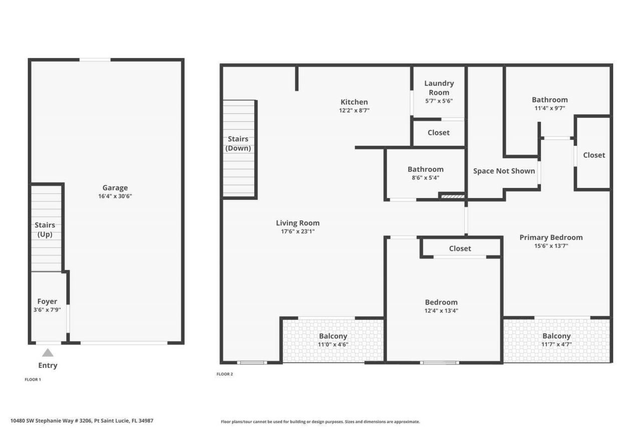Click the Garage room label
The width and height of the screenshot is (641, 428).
pyautogui.click(x=115, y=188)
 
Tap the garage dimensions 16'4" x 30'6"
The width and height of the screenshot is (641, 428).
pyautogui.click(x=115, y=196)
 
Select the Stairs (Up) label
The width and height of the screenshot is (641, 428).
pyautogui.click(x=45, y=230)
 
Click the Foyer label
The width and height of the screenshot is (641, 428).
pyautogui.click(x=47, y=301)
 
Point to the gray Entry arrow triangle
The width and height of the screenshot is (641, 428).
pyautogui.click(x=48, y=353)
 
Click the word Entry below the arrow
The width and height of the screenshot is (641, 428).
pyautogui.click(x=48, y=365)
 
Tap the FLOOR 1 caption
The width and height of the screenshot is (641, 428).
pyautogui.click(x=33, y=379)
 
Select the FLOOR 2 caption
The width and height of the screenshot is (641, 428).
pyautogui.click(x=225, y=374)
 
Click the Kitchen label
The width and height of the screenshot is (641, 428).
pyautogui.click(x=354, y=102)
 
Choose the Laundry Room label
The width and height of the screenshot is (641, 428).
pyautogui.click(x=439, y=88)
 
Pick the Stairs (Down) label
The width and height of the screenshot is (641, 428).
pyautogui.click(x=238, y=143)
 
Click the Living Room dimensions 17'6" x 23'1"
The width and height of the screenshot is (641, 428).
pyautogui.click(x=297, y=232)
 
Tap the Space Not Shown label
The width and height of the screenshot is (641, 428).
pyautogui.click(x=504, y=171)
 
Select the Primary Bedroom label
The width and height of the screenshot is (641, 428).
pyautogui.click(x=551, y=237)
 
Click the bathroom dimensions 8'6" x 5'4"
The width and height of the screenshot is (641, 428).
pyautogui.click(x=425, y=177)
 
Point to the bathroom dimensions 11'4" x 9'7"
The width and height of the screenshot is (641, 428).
pyautogui.click(x=549, y=108)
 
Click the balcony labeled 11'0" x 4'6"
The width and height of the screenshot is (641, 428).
pyautogui.click(x=333, y=340)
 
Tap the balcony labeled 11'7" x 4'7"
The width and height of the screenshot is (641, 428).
pyautogui.click(x=556, y=340)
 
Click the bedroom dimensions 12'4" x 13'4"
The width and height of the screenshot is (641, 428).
pyautogui.click(x=441, y=310)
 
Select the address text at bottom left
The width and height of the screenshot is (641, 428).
pyautogui.click(x=82, y=421)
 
